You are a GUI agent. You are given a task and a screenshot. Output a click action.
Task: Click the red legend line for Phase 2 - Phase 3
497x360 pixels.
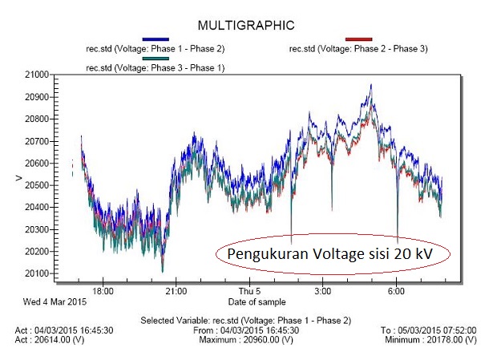tap(358, 38)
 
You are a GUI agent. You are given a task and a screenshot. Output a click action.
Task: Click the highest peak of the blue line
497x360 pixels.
tap(371, 84)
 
